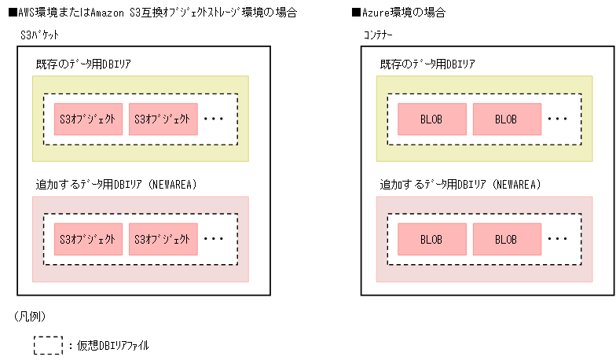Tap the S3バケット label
[39, 35]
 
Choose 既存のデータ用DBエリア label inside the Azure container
[427, 64]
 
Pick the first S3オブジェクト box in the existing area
[88, 119]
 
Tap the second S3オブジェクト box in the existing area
[163, 119]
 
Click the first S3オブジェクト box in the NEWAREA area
[88, 239]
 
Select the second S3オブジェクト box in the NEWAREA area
[163, 239]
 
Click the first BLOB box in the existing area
[431, 119]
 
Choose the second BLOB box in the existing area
[506, 119]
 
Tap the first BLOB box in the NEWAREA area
[431, 239]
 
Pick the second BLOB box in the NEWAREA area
[506, 239]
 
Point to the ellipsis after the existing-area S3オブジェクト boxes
[214, 120]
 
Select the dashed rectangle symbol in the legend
[48, 345]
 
